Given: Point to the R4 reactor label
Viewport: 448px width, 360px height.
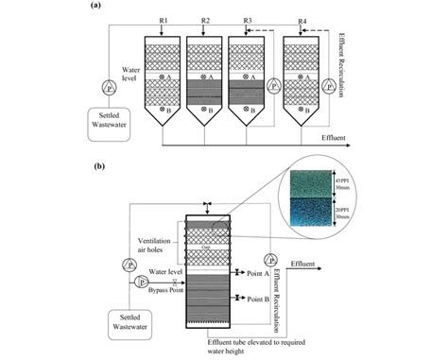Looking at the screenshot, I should (x=302, y=19).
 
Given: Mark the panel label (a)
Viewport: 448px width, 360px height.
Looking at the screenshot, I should (x=97, y=6).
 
